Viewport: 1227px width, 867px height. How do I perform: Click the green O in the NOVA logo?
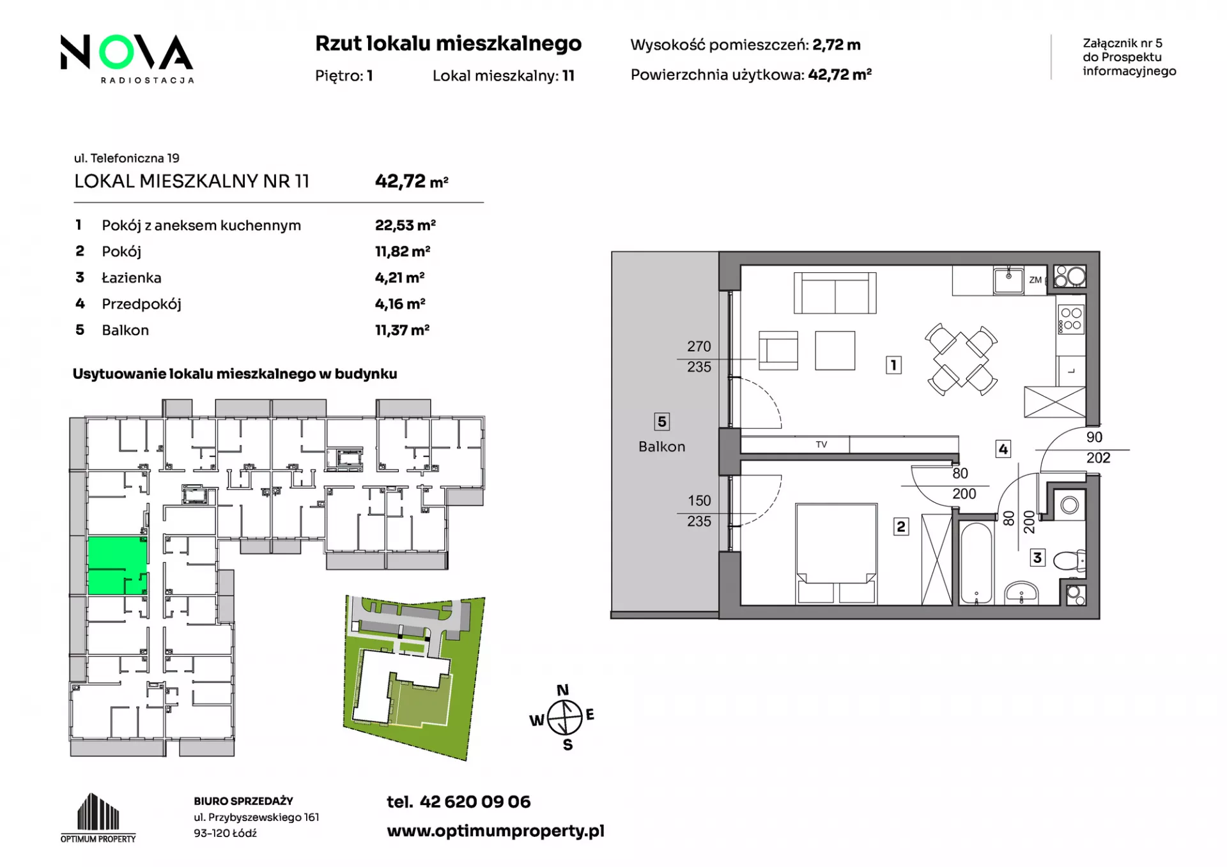[x=118, y=52]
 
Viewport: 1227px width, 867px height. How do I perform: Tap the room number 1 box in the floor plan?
[x=893, y=365]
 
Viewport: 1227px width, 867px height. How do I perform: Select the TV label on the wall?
[x=821, y=445]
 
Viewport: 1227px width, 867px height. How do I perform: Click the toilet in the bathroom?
[x=1069, y=561]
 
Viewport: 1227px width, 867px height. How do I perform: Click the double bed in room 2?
[x=836, y=553]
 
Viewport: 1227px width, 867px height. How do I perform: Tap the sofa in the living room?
[x=835, y=293]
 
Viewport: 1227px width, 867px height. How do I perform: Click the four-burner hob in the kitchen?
[x=1070, y=319]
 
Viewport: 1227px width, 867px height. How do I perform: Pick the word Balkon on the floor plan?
[x=661, y=447]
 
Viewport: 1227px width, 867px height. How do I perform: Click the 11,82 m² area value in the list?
[x=403, y=252]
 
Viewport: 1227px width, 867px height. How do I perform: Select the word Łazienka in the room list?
[x=132, y=278]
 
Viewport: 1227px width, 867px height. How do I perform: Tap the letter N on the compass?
[x=562, y=690]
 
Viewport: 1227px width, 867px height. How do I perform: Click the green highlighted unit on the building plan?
[x=117, y=565]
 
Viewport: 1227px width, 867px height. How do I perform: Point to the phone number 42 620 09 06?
[x=475, y=802]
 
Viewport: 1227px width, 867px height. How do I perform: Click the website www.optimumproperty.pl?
[x=495, y=831]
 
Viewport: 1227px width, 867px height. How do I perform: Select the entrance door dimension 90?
[x=1094, y=438]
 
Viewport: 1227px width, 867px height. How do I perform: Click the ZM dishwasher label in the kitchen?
[x=1035, y=280]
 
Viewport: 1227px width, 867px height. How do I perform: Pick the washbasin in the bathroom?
[x=1021, y=593]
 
